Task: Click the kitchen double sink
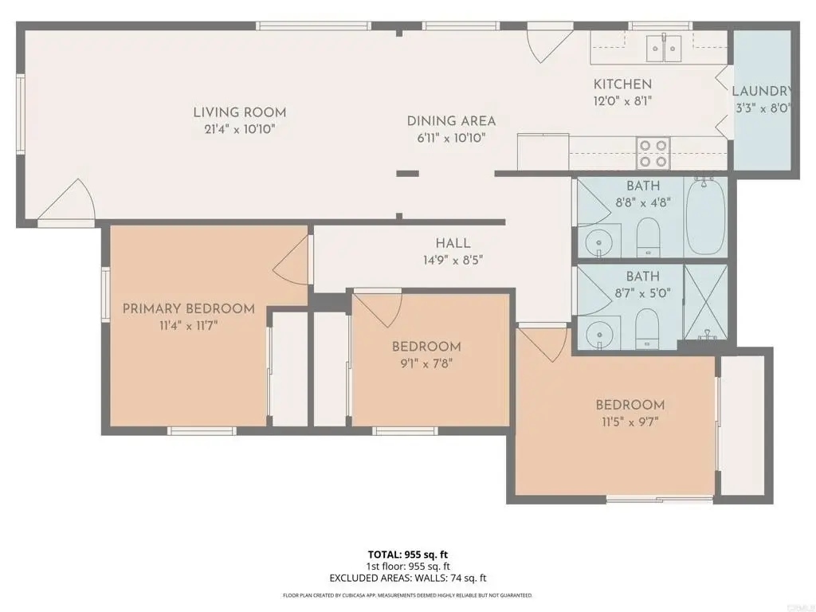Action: [664, 48]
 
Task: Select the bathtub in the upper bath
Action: [706, 216]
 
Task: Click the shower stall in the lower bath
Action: [706, 302]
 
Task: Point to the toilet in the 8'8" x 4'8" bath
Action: [649, 237]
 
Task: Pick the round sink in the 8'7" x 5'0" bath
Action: [598, 334]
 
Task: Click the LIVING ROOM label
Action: [240, 112]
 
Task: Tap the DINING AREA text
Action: [451, 121]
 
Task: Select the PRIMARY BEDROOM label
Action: [189, 308]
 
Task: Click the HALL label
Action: [453, 243]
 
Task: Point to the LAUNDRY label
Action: [763, 91]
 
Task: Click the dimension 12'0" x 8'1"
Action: [623, 101]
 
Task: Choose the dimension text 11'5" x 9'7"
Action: [630, 422]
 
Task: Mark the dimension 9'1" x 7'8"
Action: [426, 363]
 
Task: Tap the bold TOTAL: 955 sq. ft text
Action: [408, 555]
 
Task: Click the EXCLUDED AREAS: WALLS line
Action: [408, 578]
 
